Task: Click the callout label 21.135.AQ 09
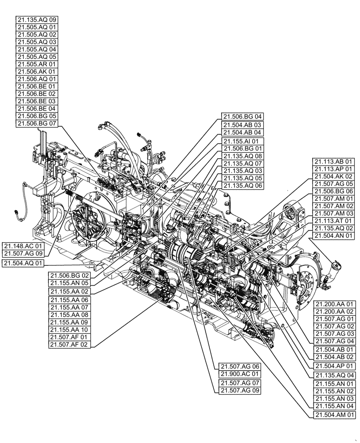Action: pyautogui.click(x=37, y=20)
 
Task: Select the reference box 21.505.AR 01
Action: pyautogui.click(x=37, y=64)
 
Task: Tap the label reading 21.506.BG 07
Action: pyautogui.click(x=37, y=124)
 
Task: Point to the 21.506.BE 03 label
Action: pyautogui.click(x=37, y=101)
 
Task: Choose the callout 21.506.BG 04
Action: pyautogui.click(x=243, y=117)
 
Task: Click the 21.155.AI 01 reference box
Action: pyautogui.click(x=243, y=141)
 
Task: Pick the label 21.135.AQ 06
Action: pyautogui.click(x=243, y=186)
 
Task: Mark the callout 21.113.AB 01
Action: pyautogui.click(x=333, y=162)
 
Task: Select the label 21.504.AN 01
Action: pyautogui.click(x=333, y=236)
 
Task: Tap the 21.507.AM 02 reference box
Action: pyautogui.click(x=333, y=206)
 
